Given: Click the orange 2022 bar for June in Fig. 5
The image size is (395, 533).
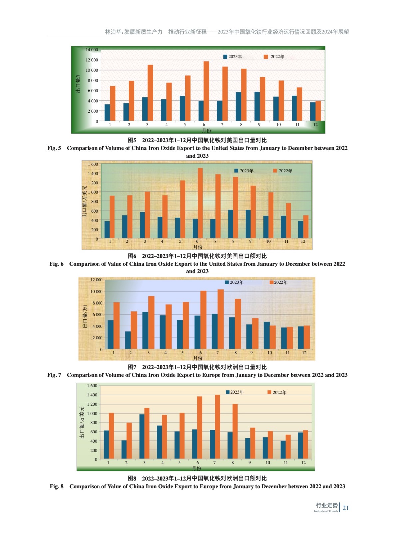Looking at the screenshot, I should click(x=206, y=91).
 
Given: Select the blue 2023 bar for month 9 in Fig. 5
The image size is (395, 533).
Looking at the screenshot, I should click(x=257, y=106).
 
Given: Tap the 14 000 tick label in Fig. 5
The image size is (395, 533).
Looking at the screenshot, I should click(x=92, y=50).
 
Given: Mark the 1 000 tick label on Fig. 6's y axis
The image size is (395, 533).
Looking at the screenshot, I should click(x=93, y=192).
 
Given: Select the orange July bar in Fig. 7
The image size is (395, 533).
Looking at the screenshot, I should click(x=220, y=319).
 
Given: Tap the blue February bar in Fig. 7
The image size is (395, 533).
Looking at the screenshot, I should click(x=128, y=340).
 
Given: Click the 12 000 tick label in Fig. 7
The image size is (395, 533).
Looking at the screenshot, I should click(x=97, y=280).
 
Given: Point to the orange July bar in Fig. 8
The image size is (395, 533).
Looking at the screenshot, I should click(x=217, y=427).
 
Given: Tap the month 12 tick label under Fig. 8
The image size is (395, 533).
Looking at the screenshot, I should click(x=303, y=463).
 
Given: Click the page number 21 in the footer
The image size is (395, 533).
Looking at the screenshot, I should click(x=346, y=508).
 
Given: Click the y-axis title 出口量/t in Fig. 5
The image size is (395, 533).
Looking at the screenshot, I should click(x=78, y=84).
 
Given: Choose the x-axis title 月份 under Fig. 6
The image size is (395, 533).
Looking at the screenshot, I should click(x=198, y=247).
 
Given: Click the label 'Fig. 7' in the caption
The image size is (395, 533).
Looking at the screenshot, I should click(x=54, y=375).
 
